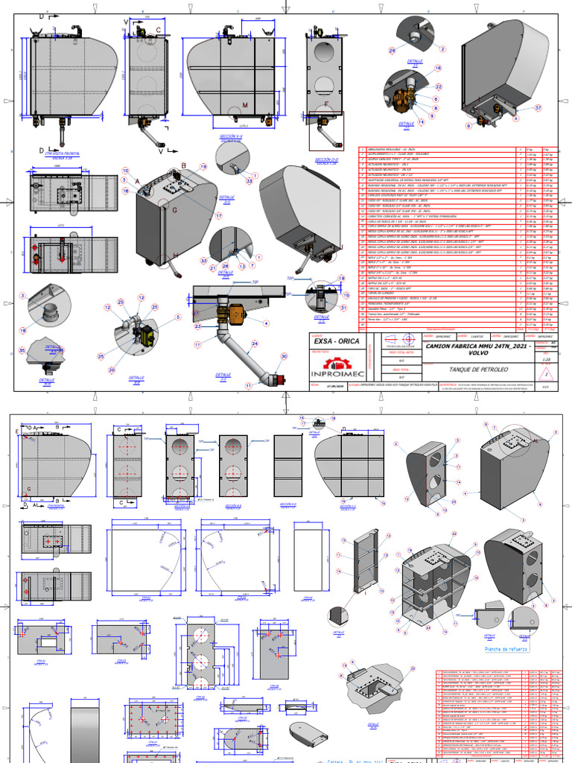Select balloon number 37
click(x=538, y=107)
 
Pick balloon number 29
click(x=393, y=50)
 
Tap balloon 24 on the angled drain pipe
click(x=255, y=343)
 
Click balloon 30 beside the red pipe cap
click(x=283, y=356)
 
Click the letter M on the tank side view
click(x=244, y=105)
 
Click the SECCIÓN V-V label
click(x=233, y=137)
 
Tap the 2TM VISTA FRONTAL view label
click(x=66, y=153)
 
